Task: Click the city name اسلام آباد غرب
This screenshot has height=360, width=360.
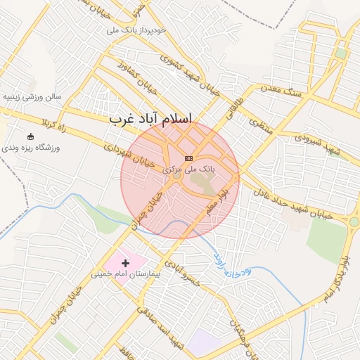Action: pyautogui.click(x=150, y=120)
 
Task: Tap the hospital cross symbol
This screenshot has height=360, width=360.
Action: pyautogui.click(x=126, y=262)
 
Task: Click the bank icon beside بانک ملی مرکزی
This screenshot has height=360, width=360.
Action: pyautogui.click(x=188, y=158)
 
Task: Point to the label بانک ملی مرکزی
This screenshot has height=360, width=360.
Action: pyautogui.click(x=188, y=169)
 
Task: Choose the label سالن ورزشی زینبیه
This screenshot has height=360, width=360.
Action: pyautogui.click(x=32, y=96)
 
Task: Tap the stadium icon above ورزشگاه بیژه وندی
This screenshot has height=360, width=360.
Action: pyautogui.click(x=30, y=136)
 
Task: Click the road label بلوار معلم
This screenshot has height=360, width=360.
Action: pyautogui.click(x=219, y=200)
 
